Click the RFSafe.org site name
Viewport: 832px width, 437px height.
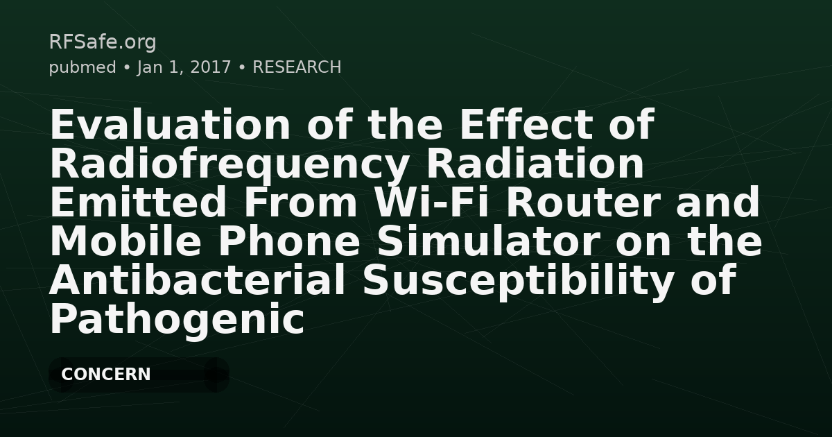click(103, 42)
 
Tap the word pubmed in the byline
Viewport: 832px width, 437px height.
click(83, 67)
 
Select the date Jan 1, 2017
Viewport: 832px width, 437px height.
click(184, 67)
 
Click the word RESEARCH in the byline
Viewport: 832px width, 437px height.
click(297, 67)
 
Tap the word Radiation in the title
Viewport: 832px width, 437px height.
click(535, 164)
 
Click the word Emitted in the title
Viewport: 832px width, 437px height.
click(138, 203)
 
